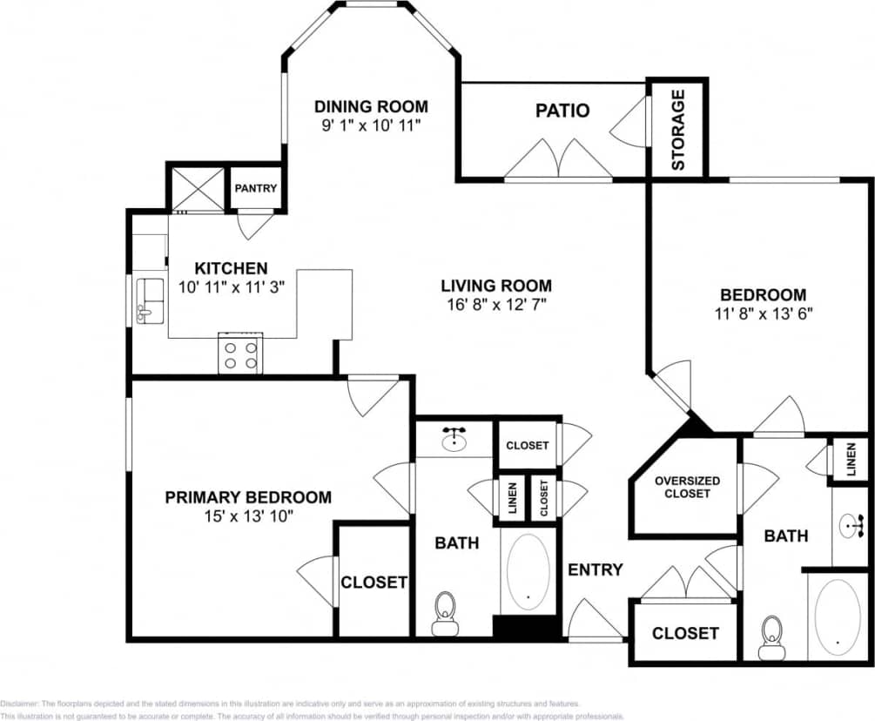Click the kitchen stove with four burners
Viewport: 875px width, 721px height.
240,354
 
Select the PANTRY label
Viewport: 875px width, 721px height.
255,188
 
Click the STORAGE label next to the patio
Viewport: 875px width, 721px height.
677,129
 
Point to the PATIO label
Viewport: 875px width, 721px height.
562,111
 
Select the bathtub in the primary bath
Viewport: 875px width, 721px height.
528,571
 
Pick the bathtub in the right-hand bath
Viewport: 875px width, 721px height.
838,617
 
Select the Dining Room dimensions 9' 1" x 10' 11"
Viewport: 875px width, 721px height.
371,125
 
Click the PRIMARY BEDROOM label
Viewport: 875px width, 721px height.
248,497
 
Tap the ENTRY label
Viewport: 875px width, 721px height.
595,569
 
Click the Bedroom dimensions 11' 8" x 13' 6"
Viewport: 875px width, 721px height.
762,313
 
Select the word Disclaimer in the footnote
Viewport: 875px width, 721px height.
19,703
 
